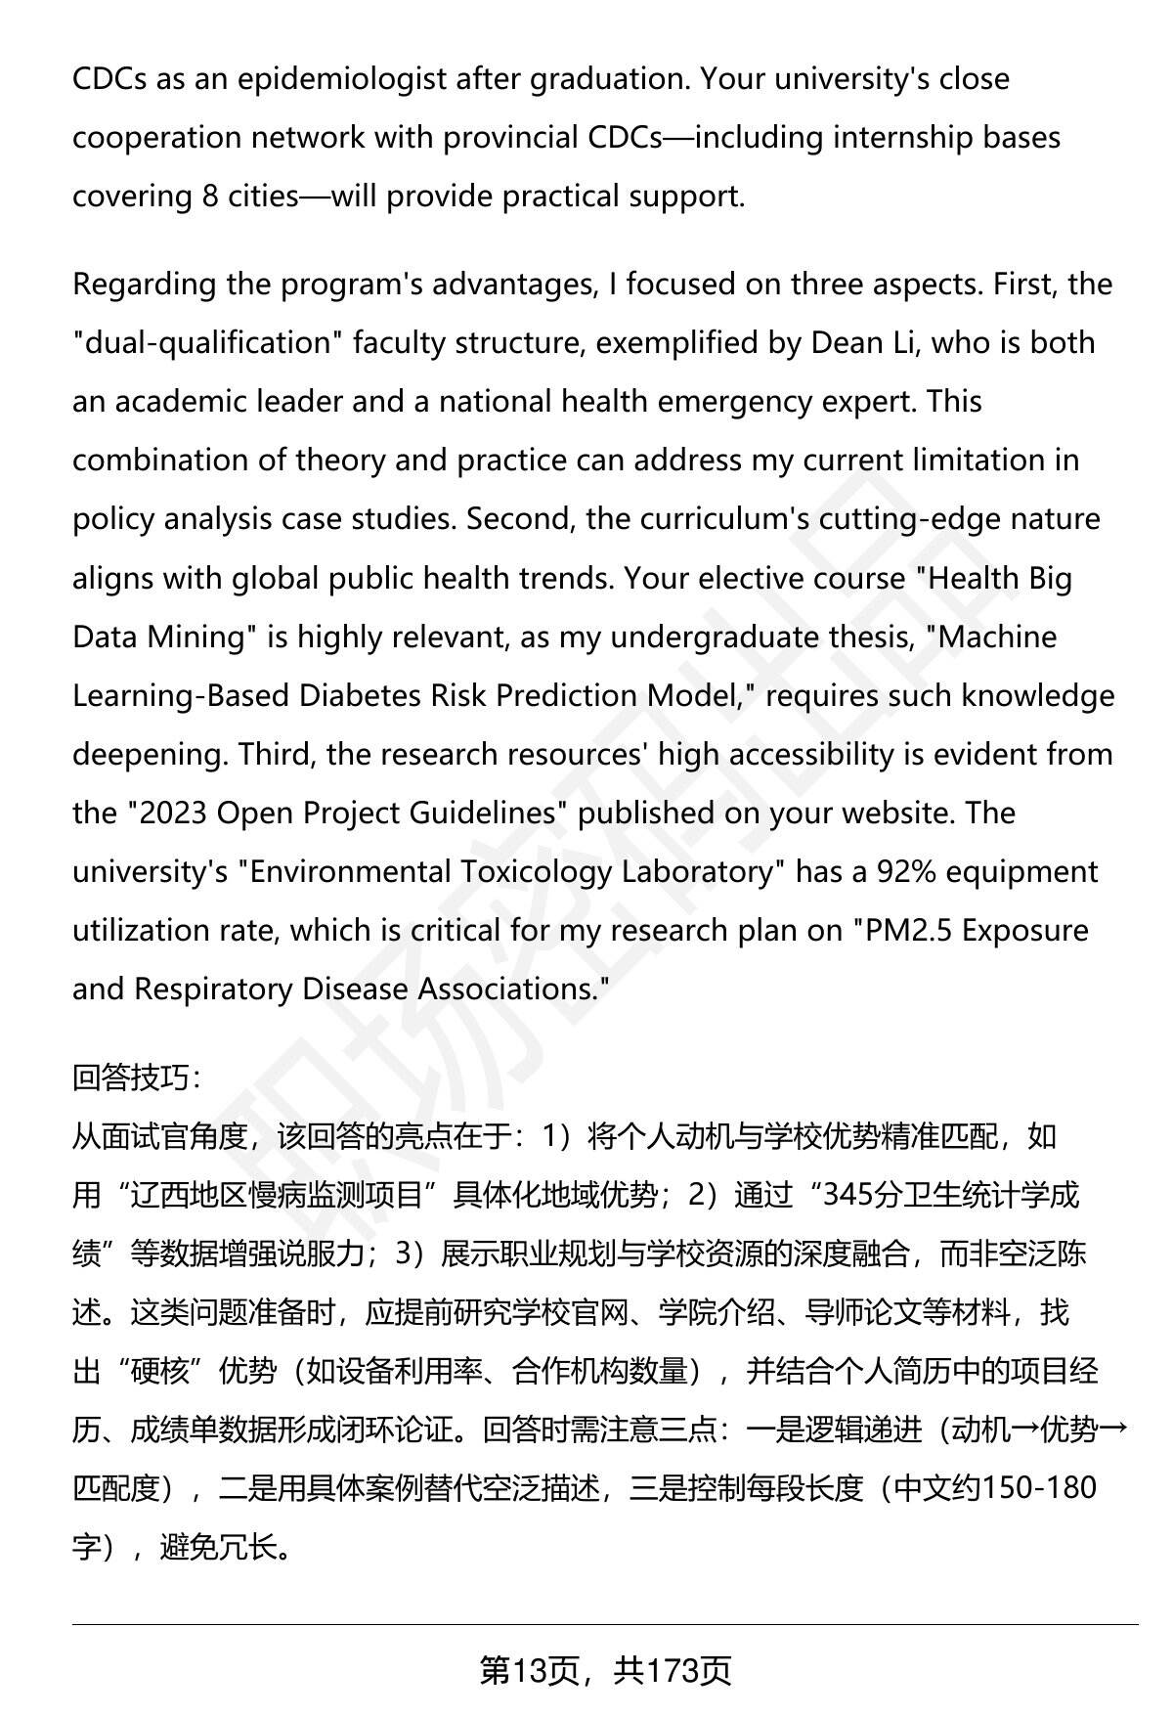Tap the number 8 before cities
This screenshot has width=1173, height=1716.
(x=210, y=196)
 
